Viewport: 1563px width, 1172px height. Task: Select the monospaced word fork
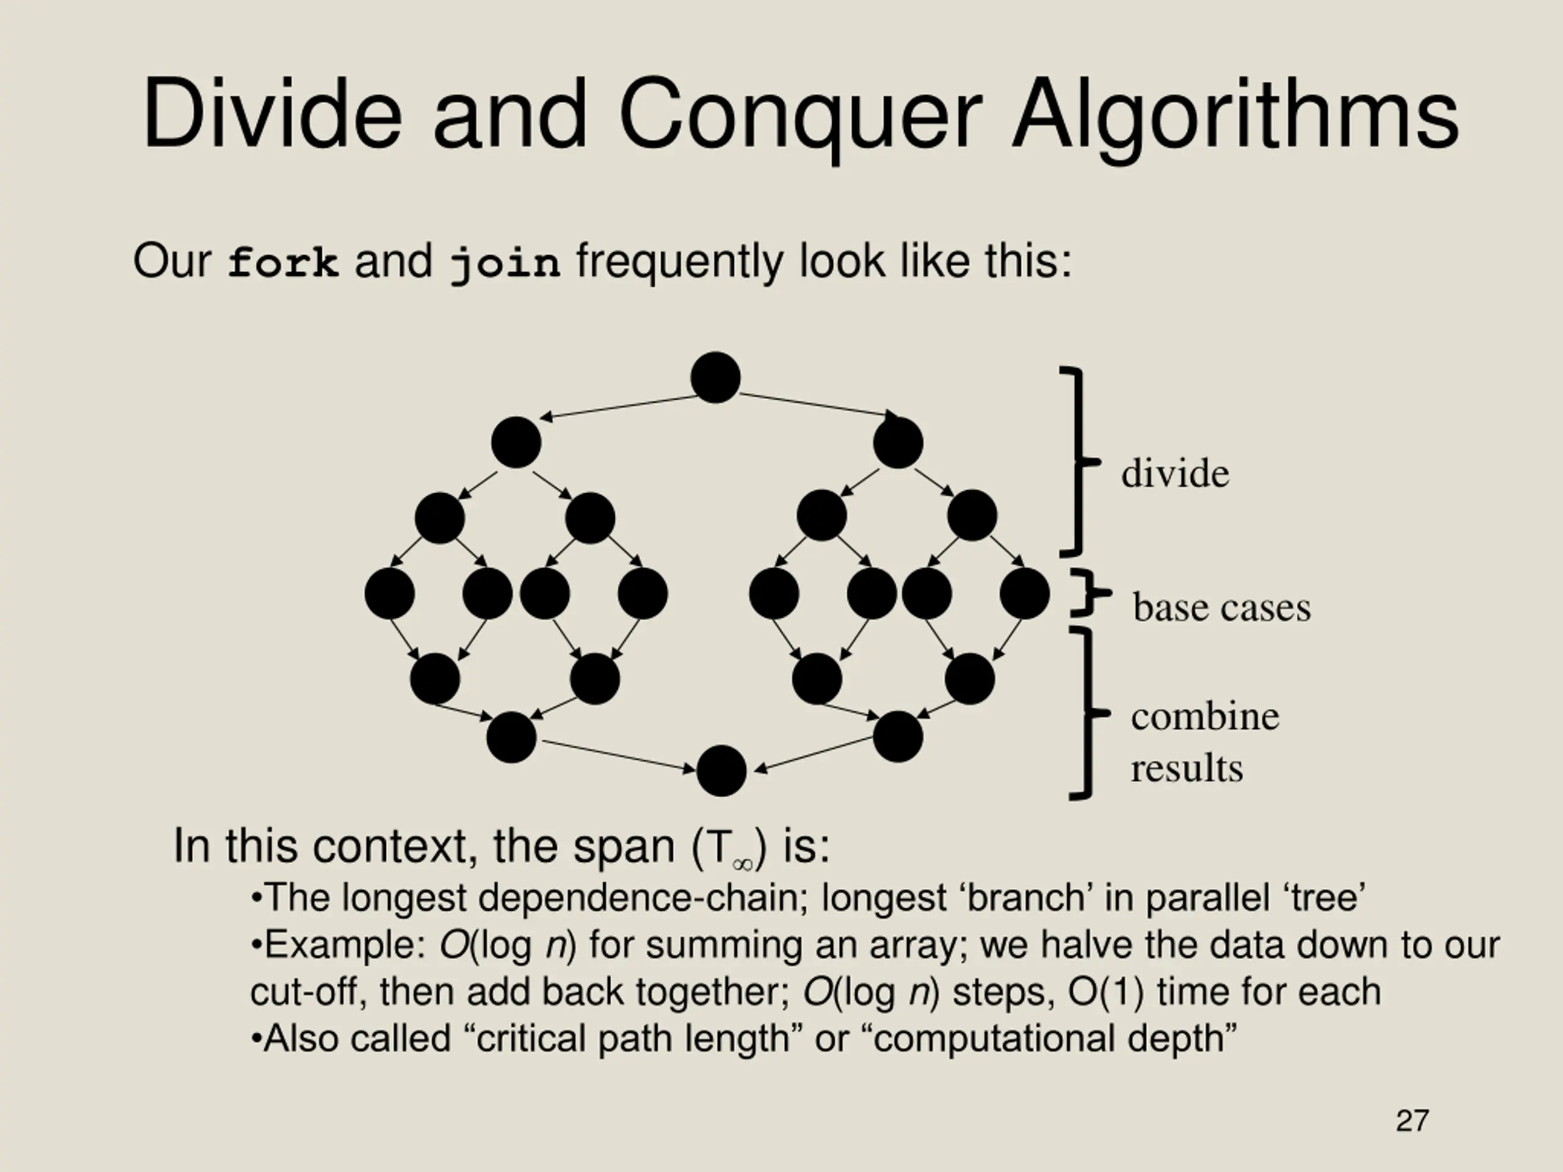pos(283,263)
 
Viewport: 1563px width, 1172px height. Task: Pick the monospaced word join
pos(505,263)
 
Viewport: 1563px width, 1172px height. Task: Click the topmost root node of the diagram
pos(715,377)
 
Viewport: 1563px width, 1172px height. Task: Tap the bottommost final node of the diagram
pos(720,771)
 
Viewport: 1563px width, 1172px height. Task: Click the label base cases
pos(1221,607)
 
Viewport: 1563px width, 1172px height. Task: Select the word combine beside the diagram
pos(1205,717)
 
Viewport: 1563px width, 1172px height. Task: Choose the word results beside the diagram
pos(1186,769)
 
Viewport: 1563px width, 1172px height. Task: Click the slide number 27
pos(1412,1121)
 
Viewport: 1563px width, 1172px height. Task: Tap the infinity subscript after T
pos(742,864)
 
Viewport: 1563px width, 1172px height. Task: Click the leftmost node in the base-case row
pos(390,593)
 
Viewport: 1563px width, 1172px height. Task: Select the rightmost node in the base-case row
pos(1024,593)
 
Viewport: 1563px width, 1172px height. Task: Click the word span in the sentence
pos(623,846)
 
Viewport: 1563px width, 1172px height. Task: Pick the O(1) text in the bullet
pos(1105,992)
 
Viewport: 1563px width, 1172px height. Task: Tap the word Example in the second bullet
pos(343,945)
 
